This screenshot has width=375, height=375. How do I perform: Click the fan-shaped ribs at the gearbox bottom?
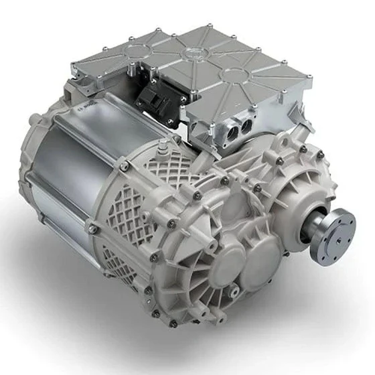[x=201, y=295]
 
